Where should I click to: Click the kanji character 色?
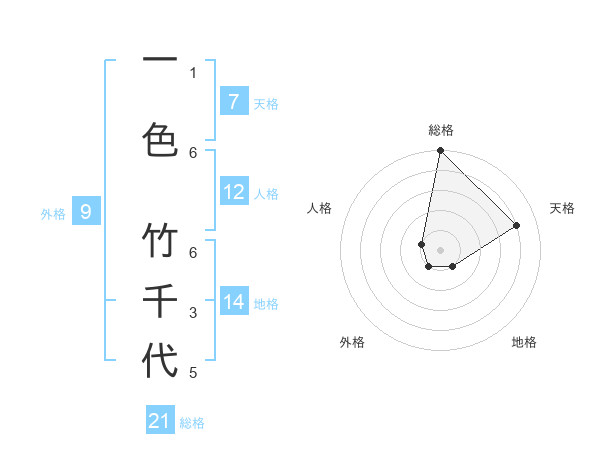tap(160, 138)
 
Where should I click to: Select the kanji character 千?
tap(160, 300)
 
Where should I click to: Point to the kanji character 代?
tap(160, 360)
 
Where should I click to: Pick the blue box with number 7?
tap(233, 101)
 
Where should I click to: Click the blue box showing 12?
tap(233, 192)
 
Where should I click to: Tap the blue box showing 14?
tap(233, 302)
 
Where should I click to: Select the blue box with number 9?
tap(86, 211)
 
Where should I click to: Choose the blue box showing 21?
tap(160, 421)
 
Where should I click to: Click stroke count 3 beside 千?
tap(193, 313)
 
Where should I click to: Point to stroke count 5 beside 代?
tap(193, 373)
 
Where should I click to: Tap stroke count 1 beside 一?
tap(193, 72)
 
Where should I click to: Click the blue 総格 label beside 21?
tap(192, 423)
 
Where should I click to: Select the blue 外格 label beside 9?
tap(52, 213)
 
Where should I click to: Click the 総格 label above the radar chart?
tap(441, 130)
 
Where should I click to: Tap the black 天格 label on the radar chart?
tap(562, 208)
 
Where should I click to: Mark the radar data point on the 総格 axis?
tap(440, 151)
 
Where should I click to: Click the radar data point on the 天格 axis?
tap(517, 225)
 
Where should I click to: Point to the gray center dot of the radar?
tap(440, 249)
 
